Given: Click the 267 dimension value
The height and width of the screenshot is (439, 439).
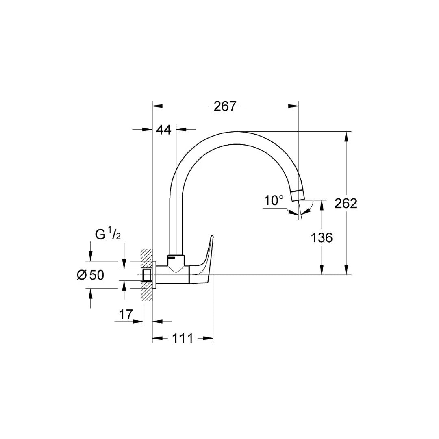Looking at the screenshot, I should [225, 106].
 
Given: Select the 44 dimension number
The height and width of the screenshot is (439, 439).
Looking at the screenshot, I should [163, 130].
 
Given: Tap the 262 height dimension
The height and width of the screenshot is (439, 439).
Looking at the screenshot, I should [346, 203].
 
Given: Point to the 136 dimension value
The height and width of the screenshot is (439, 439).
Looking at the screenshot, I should [322, 237].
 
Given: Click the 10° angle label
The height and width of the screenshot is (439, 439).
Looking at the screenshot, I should [274, 200].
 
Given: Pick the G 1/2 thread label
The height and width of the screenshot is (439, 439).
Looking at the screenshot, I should [108, 235].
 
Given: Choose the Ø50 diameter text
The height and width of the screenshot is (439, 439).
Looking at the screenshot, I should [90, 275].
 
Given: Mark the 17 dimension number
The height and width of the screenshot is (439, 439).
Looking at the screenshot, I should [126, 314].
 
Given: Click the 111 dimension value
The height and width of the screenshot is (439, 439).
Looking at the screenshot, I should [183, 338].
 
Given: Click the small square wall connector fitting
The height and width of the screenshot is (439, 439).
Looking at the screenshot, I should [148, 275].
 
